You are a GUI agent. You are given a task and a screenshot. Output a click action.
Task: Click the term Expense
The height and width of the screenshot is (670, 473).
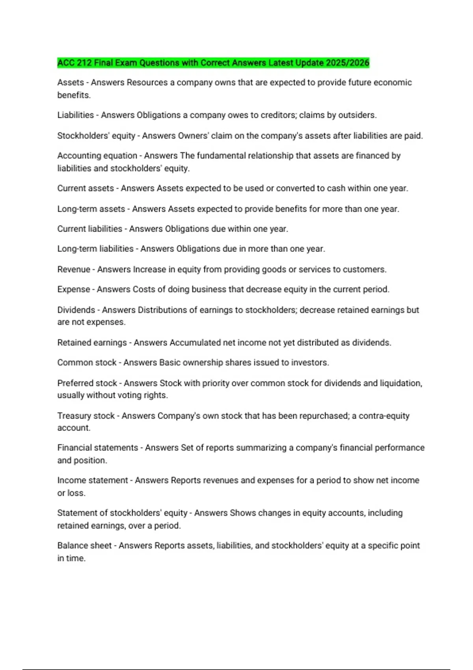[74, 289]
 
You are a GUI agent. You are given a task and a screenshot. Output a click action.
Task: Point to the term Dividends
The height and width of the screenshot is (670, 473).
[76, 310]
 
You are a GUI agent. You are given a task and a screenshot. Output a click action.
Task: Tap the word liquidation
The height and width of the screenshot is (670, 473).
[401, 383]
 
